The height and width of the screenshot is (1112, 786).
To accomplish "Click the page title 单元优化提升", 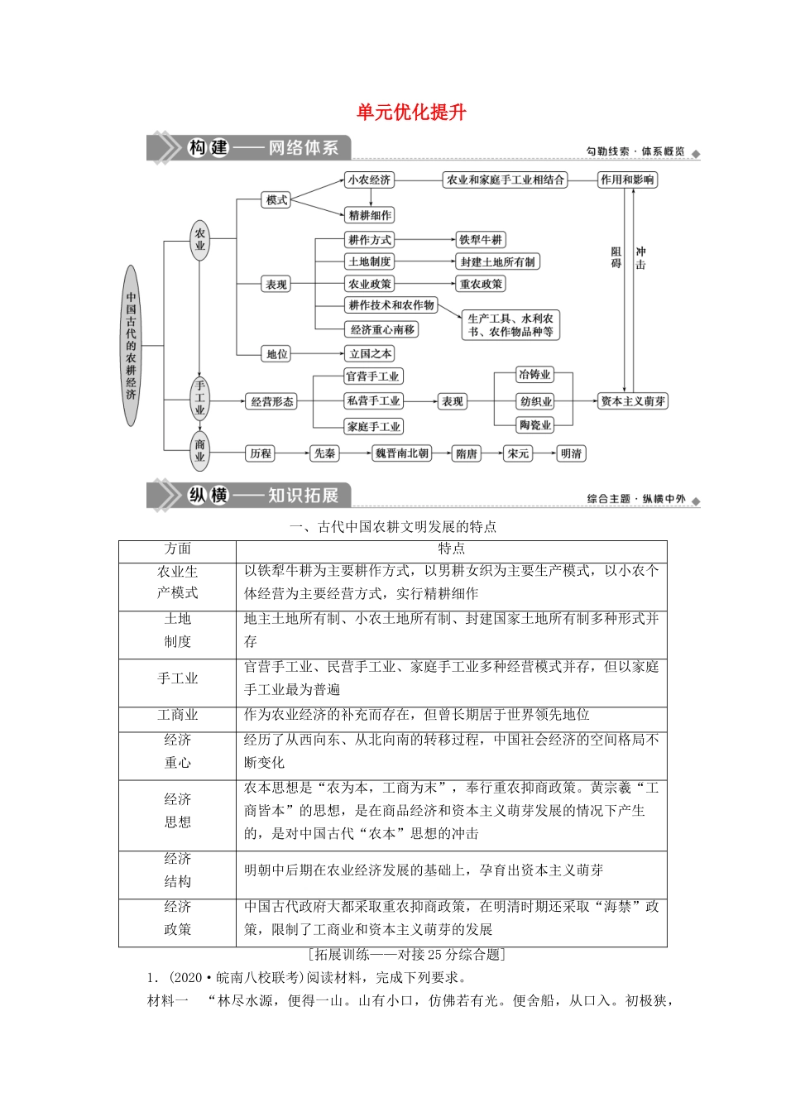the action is tap(411, 113).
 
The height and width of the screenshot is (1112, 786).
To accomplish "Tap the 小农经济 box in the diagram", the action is tap(369, 180).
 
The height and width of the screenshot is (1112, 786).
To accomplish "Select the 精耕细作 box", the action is tap(370, 215).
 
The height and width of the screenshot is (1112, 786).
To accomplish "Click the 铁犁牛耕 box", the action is tap(481, 240).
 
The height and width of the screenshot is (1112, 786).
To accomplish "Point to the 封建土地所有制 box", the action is tap(497, 261).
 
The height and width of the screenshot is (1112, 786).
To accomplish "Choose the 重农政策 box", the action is tap(481, 284).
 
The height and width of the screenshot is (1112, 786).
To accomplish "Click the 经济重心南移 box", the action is tap(382, 329).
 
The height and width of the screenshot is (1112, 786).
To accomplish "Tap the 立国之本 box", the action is tap(370, 354).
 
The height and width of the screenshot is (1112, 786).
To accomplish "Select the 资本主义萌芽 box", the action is tap(633, 401).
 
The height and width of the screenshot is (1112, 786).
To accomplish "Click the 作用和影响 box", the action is tap(627, 180).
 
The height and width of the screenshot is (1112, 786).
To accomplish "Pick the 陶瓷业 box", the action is tap(535, 425).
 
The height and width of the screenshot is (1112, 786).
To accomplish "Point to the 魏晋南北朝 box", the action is tap(402, 453).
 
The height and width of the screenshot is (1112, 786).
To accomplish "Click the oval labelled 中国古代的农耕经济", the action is tap(131, 345).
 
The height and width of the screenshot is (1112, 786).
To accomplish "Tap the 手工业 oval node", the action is tap(199, 398).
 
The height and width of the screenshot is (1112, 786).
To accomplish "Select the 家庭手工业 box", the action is tap(374, 427).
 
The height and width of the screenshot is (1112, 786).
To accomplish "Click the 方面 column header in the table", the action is tap(178, 549).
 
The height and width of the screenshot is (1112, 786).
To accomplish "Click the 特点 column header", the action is tap(451, 549).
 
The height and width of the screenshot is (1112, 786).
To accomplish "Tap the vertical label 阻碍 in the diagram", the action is tap(616, 257).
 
